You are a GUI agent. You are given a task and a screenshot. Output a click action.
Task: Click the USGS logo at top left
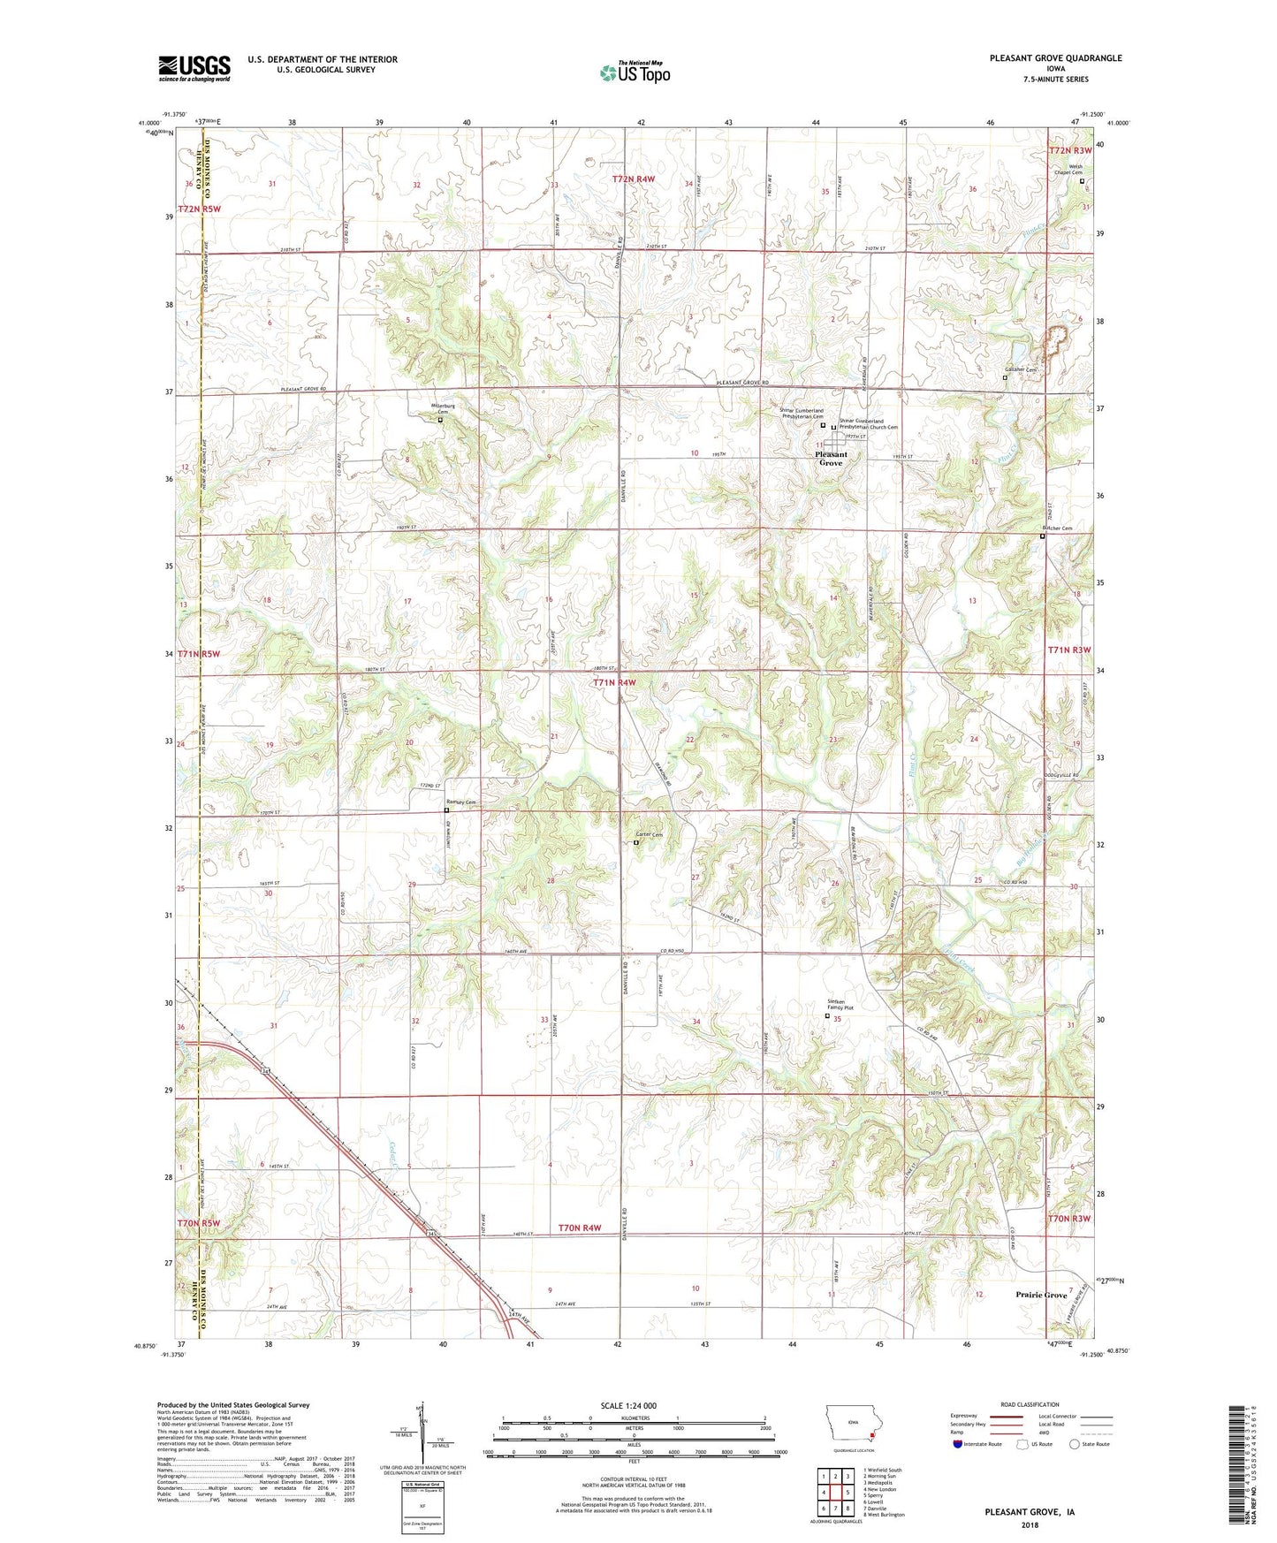[x=194, y=67]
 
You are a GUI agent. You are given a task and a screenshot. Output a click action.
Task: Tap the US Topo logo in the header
[x=634, y=72]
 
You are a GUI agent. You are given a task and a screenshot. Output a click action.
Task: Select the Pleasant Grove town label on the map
[x=831, y=459]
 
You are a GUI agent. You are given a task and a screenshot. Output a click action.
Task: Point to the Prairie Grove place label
[x=1042, y=1295]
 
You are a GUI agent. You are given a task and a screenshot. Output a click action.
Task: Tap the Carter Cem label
[x=650, y=835]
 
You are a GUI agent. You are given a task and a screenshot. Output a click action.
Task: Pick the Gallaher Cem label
[x=1019, y=369]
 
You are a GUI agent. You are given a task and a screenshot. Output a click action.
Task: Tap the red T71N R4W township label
[x=614, y=683]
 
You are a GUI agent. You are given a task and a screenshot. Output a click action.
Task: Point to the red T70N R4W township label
[x=580, y=1228]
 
